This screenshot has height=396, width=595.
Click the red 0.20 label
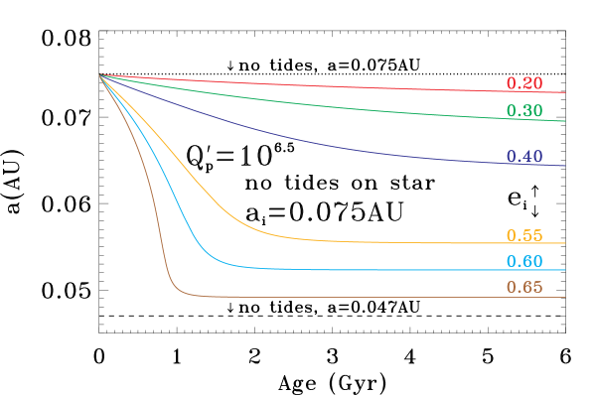pyautogui.click(x=523, y=84)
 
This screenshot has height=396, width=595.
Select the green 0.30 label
pyautogui.click(x=523, y=111)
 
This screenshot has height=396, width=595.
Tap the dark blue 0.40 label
pyautogui.click(x=523, y=157)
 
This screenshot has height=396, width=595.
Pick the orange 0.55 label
pyautogui.click(x=523, y=236)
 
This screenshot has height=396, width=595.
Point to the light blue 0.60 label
pyautogui.click(x=523, y=262)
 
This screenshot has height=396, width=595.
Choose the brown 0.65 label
pyautogui.click(x=523, y=288)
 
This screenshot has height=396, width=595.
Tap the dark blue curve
pyautogui.click(x=298, y=138)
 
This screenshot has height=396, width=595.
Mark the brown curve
pyautogui.click(x=155, y=198)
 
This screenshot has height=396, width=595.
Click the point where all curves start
pyautogui.click(x=100, y=74)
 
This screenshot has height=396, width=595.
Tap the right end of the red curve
pyautogui.click(x=564, y=92)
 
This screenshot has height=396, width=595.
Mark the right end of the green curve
pyautogui.click(x=564, y=121)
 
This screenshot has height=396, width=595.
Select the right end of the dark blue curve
pyautogui.click(x=564, y=166)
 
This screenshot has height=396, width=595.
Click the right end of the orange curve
pyautogui.click(x=564, y=243)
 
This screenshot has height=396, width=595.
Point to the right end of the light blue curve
pyautogui.click(x=564, y=270)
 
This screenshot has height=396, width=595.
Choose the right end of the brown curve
pyautogui.click(x=564, y=297)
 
